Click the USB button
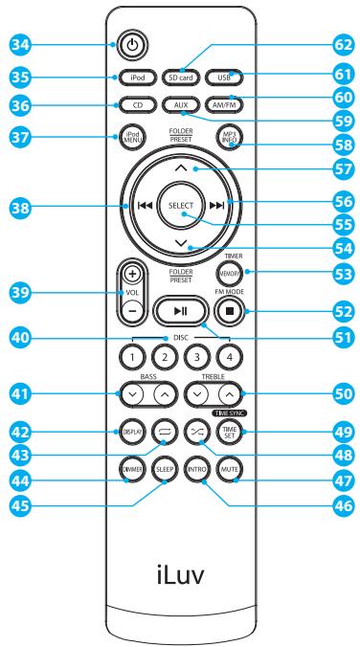pos(229,76)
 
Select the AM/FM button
pos(229,104)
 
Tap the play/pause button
pos(179,311)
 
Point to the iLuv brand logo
pos(179,577)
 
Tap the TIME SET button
pos(228,433)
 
